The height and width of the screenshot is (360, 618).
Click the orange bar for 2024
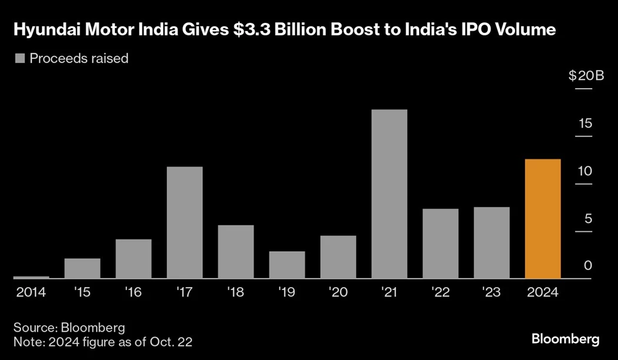pos(543,218)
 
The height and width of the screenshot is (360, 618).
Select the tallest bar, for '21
pos(389,194)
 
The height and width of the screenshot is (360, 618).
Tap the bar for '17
pos(185,222)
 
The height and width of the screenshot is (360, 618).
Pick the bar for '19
pos(287,265)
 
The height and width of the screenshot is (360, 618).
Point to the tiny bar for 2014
pos(31,277)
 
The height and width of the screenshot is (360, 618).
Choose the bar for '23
pos(491,242)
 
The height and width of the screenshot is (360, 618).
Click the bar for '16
pos(134,258)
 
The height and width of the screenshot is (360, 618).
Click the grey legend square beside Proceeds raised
pos(20,58)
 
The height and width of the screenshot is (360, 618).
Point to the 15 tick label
pos(584,124)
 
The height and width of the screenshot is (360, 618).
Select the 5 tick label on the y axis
pos(587,219)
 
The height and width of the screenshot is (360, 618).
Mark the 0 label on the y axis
pos(587,266)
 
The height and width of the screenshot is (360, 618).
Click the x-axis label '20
pos(338,292)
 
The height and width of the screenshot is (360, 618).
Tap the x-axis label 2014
pos(31,292)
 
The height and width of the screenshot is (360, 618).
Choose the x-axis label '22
pos(440,292)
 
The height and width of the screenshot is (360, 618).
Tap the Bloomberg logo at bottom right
pos(565,339)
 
